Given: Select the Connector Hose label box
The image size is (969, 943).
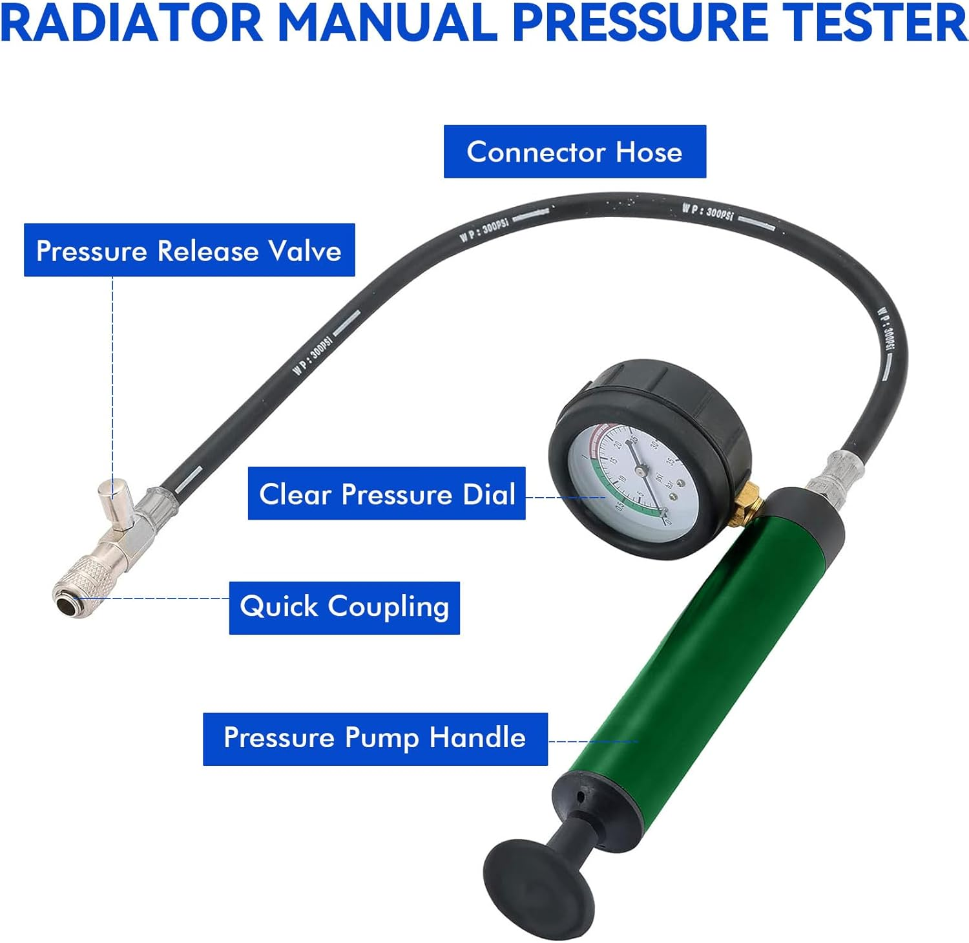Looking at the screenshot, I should (x=574, y=152).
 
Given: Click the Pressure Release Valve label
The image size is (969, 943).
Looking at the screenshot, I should (x=189, y=250).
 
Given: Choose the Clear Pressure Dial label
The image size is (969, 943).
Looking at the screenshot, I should (x=386, y=494).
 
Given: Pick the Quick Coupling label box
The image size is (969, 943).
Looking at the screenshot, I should (x=344, y=608).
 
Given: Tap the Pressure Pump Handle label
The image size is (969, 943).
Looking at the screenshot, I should (x=375, y=739).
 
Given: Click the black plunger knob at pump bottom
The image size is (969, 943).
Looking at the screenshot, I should (x=537, y=883).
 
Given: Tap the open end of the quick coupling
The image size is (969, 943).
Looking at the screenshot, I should (x=65, y=604).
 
